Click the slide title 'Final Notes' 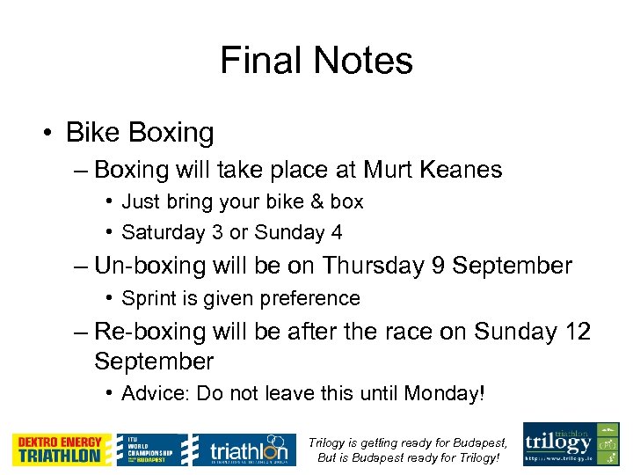tap(316, 61)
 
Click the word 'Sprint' tap(147, 298)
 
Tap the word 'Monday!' tap(444, 393)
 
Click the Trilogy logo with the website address tap(571, 444)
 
